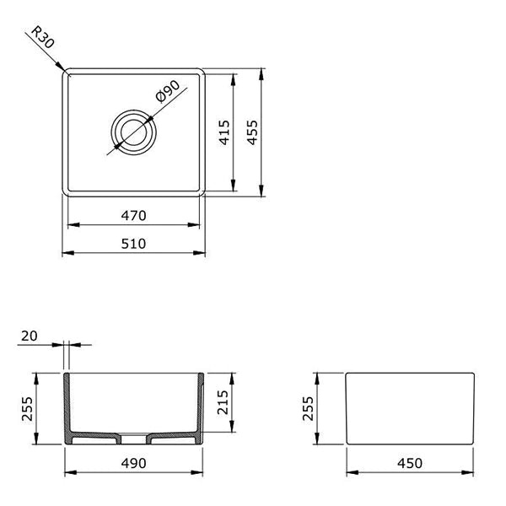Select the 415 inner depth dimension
pyautogui.click(x=223, y=132)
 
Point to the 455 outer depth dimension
pyautogui.click(x=251, y=132)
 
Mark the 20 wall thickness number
pyautogui.click(x=29, y=336)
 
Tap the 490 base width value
pyautogui.click(x=135, y=463)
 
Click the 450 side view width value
pyautogui.click(x=409, y=463)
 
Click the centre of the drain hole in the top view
pyautogui.click(x=132, y=132)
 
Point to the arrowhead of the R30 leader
pyautogui.click(x=64, y=69)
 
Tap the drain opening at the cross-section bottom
pyautogui.click(x=134, y=438)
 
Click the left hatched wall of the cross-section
pyautogui.click(x=68, y=405)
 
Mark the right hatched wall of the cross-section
pyautogui.click(x=201, y=405)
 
